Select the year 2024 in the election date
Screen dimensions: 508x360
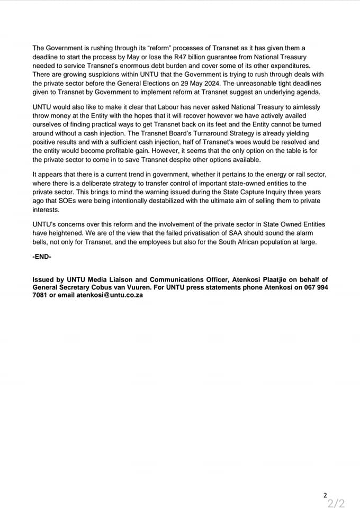click(x=260, y=83)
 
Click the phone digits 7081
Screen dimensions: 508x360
click(x=40, y=295)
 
